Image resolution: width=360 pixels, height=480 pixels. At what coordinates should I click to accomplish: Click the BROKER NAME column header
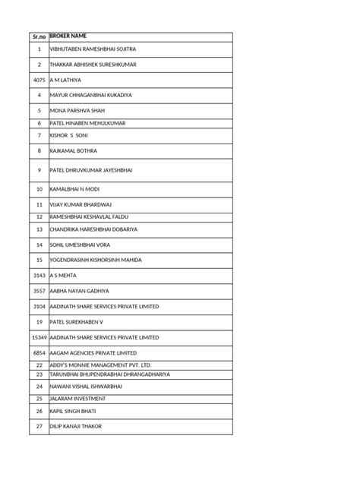click(x=72, y=36)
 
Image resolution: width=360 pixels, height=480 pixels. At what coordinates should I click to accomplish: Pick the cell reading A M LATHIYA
click(x=65, y=80)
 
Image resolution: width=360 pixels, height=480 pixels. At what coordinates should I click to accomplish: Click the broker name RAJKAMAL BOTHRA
click(x=74, y=151)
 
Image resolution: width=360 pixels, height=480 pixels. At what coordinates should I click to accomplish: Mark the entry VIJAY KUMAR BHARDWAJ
click(x=80, y=205)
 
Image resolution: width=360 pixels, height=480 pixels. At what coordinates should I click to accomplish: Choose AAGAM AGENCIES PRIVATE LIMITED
click(x=93, y=353)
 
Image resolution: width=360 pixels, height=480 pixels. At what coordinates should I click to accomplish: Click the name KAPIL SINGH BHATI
click(x=74, y=412)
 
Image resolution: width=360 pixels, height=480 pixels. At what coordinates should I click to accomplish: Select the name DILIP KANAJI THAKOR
click(x=76, y=427)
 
